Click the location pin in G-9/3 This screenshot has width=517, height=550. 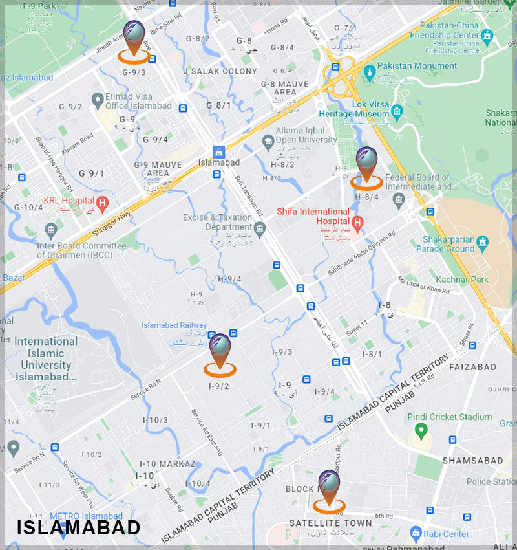pos(135,38)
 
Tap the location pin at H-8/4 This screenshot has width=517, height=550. pos(366,164)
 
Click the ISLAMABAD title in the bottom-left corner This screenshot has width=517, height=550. pos(78,527)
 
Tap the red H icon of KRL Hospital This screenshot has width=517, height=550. pos(101,202)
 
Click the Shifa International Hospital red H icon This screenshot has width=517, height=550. pos(357,222)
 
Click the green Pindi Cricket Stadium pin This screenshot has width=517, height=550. pos(421,430)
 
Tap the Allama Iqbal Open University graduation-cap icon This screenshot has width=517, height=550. pos(268,140)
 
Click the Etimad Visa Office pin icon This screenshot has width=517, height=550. pos(98,100)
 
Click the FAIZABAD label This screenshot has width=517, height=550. pos(472,367)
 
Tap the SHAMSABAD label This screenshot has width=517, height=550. pos(472,461)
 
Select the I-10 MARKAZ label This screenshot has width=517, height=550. pos(167,464)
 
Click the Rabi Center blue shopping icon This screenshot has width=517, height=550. pos(416,534)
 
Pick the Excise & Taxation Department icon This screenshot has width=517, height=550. pos(260,228)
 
